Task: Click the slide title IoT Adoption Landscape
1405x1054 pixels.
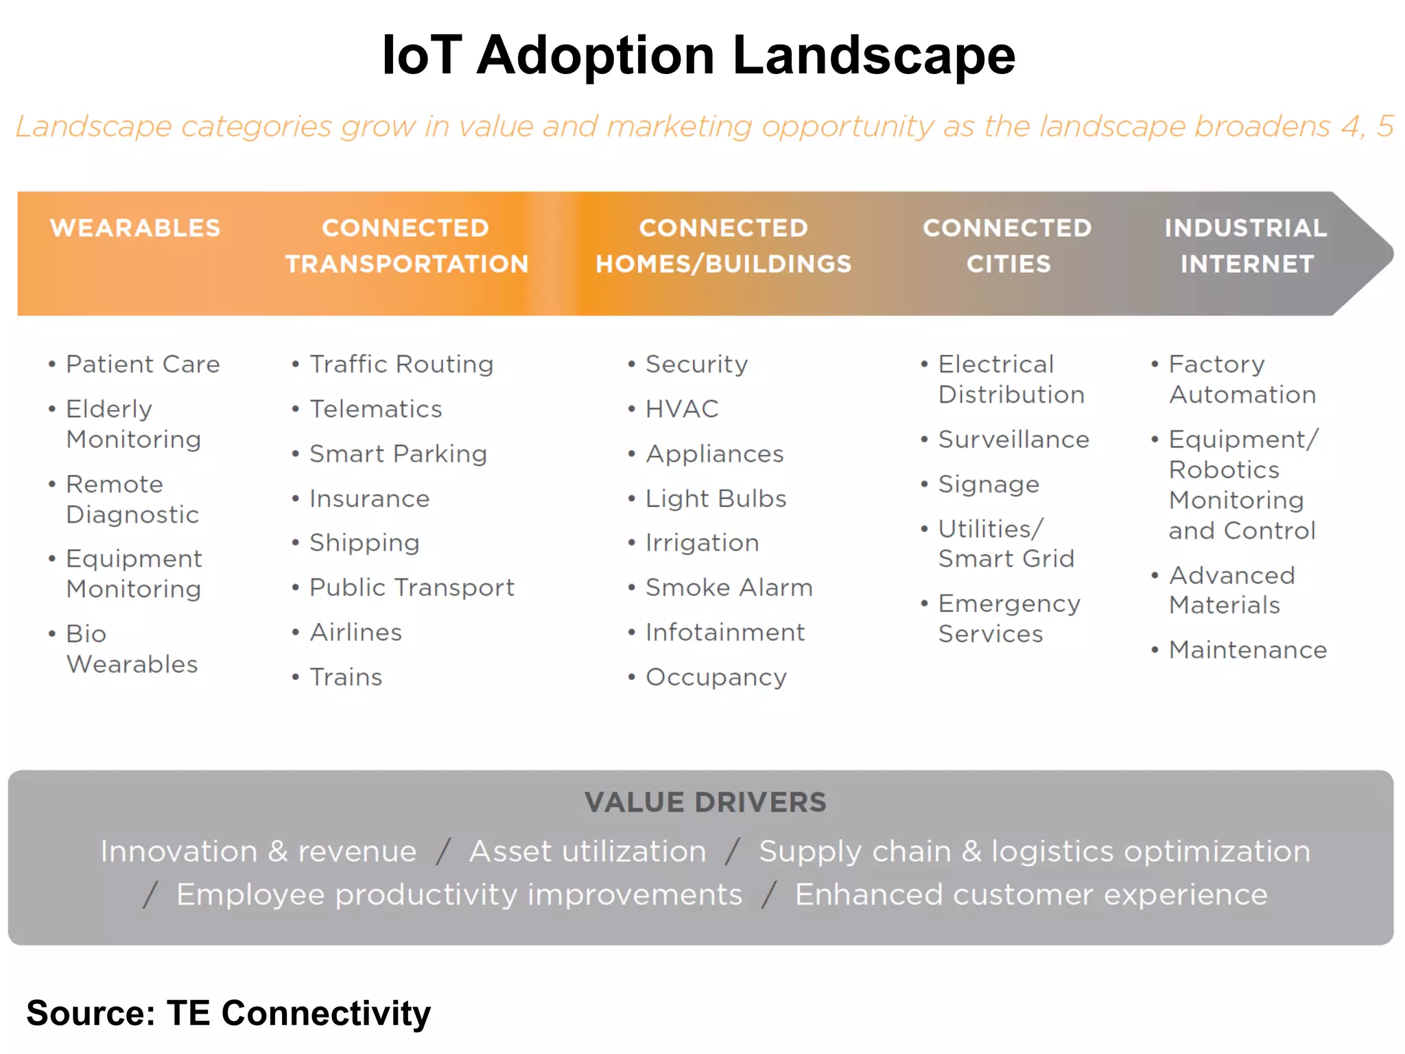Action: pos(698,55)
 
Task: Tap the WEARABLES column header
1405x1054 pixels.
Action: pos(135,228)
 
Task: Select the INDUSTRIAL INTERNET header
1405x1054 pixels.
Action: pos(1246,246)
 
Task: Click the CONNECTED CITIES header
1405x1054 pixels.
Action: pos(1007,246)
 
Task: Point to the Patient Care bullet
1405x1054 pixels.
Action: pos(143,364)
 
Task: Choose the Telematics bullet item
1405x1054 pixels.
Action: pos(375,409)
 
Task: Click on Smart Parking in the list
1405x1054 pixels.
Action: pos(398,454)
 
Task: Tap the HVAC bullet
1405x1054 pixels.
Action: pos(681,409)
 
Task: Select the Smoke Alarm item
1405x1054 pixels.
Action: pos(729,587)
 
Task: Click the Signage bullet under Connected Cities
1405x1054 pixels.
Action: pos(988,484)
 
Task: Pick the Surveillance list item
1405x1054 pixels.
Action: pos(1013,439)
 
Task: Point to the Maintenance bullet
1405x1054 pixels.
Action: pos(1247,650)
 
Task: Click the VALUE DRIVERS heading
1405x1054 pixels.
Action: pos(705,802)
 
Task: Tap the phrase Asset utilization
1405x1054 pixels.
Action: pos(587,852)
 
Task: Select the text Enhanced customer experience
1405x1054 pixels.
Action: pos(1030,895)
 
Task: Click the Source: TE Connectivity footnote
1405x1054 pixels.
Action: pos(228,1013)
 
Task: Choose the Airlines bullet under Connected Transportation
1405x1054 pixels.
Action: pos(355,632)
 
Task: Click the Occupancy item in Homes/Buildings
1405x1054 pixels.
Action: pos(716,677)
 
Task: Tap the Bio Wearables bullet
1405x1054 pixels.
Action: pos(130,648)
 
